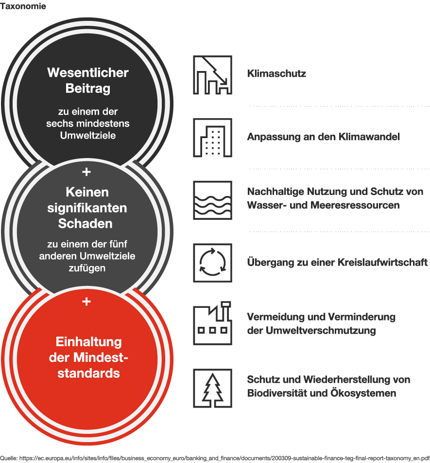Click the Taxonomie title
tap(23, 6)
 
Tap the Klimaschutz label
tap(276, 73)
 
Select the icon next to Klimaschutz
tap(213, 75)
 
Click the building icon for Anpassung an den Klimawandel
tap(213, 138)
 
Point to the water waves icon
tap(213, 200)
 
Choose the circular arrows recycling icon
tap(213, 263)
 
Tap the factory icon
tap(213, 323)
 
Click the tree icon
tap(213, 388)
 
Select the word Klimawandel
tap(369, 137)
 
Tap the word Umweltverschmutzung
tap(321, 330)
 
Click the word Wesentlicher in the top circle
tap(88, 72)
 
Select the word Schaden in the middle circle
tap(85, 224)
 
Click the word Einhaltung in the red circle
tap(89, 341)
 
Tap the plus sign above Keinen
tap(86, 172)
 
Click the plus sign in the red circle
tap(86, 302)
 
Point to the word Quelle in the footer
tap(8, 458)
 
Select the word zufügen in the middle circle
tap(87, 268)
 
